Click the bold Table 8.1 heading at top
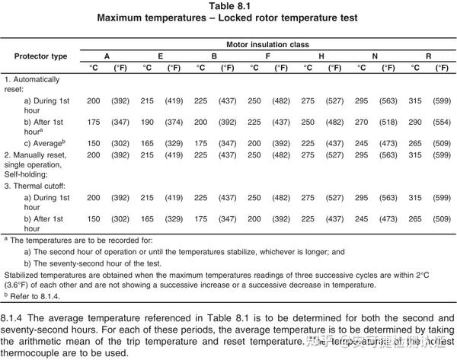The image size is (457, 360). pos(228,6)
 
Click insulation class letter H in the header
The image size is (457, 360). pos(321,56)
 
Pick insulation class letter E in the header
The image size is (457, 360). pos(160,56)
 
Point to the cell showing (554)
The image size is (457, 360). pos(442,122)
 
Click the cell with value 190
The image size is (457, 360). pos(147,122)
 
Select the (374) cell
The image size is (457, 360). pos(174,122)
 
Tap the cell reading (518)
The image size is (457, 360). pos(388,122)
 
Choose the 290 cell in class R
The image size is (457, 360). pos(414,122)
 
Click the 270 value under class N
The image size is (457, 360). pos(362,122)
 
